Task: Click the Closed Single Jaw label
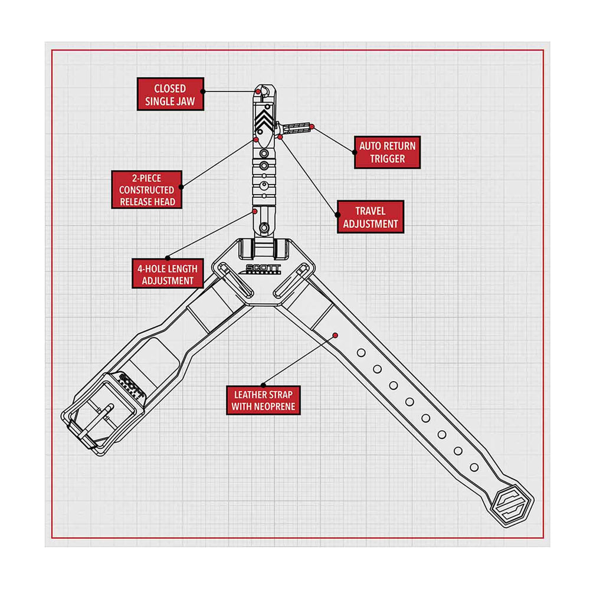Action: click(x=171, y=94)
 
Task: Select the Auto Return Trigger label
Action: click(x=387, y=152)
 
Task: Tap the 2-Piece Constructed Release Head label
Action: click(x=147, y=189)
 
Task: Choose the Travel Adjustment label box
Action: click(x=371, y=217)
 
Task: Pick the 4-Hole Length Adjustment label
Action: click(x=168, y=274)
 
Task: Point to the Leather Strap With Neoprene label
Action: click(x=263, y=401)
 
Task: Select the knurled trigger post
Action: click(x=297, y=128)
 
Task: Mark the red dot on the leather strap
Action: click(x=335, y=335)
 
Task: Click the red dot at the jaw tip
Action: click(x=258, y=91)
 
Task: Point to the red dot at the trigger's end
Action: click(x=312, y=127)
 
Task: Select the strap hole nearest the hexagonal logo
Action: click(x=474, y=467)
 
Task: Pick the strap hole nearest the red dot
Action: click(x=361, y=353)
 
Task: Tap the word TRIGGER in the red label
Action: click(x=388, y=159)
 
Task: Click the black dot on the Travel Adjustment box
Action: click(x=337, y=215)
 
